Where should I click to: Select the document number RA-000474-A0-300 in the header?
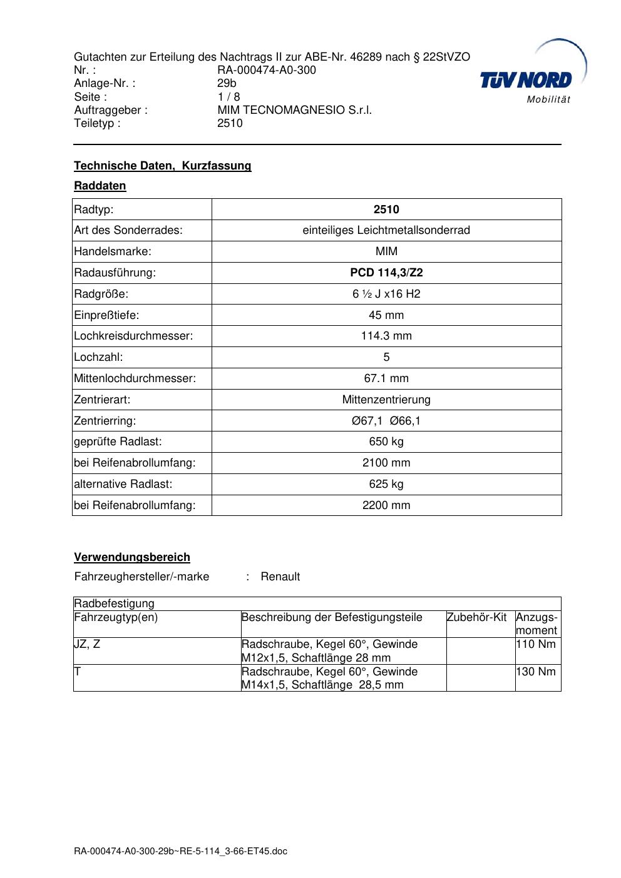coord(267,70)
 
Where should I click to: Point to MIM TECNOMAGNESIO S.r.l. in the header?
coord(294,110)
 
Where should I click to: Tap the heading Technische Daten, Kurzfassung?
coord(163,166)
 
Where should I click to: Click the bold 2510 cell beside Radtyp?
coord(386,209)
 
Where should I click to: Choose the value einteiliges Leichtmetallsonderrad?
coord(386,230)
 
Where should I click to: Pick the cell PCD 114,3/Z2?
coord(386,273)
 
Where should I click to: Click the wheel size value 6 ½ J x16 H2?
coord(386,294)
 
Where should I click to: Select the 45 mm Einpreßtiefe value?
coord(386,315)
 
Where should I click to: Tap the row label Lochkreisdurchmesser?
coord(133,336)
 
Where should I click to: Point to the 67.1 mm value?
coord(386,378)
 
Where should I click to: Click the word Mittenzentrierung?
coord(386,400)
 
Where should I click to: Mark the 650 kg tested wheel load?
coord(386,442)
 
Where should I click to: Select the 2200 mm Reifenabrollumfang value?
coord(386,505)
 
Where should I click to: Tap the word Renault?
coord(280,577)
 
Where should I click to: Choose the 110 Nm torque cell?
coord(535,644)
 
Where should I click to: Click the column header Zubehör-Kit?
coord(476,617)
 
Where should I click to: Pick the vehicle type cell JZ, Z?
coord(88,644)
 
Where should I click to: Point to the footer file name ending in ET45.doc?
coord(180,851)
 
